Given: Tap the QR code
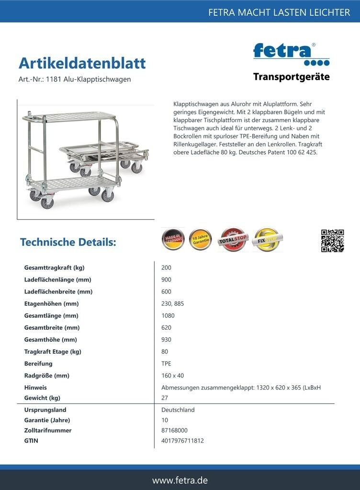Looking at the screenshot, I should click(332, 241).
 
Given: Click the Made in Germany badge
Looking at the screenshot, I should click(173, 239).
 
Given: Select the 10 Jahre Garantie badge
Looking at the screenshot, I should click(200, 239).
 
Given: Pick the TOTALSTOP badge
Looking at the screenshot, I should click(233, 240).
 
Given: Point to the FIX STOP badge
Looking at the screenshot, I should click(267, 239).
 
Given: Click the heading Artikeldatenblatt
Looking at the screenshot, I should click(82, 63).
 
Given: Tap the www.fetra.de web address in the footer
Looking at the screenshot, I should click(180, 480).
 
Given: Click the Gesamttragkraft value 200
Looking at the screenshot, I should click(166, 267).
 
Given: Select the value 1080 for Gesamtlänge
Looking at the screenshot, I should click(168, 315).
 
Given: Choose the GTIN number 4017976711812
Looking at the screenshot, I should click(182, 441).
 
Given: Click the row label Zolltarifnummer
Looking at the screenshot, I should click(48, 430).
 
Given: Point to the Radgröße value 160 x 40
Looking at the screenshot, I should click(173, 376).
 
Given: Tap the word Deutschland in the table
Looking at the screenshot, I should click(178, 410).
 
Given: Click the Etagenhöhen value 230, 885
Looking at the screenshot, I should click(173, 303).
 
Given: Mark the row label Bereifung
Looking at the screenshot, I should click(38, 363).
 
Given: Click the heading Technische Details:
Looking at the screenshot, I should click(68, 242).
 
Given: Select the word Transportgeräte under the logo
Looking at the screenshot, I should click(291, 77).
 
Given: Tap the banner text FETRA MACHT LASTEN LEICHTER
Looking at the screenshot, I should click(279, 12).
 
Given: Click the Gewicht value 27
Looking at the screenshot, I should click(165, 398).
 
